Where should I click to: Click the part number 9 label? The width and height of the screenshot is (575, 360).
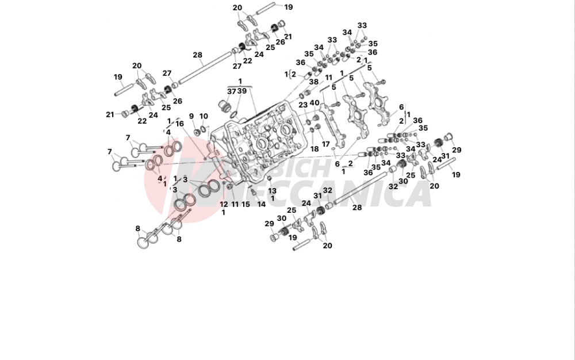191,117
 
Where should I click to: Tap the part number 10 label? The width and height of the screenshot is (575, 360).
204,117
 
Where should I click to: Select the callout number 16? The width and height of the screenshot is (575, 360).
180,124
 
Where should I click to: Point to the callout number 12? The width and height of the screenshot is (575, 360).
224,204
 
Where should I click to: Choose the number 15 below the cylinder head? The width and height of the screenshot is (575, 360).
246,204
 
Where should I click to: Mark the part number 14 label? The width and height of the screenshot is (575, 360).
261,204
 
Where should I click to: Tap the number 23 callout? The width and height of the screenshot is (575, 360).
303,105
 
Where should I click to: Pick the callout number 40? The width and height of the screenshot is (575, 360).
315,103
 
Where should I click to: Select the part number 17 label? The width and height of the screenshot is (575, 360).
325,144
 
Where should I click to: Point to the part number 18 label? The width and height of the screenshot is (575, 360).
315,149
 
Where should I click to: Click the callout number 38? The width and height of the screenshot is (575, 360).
313,82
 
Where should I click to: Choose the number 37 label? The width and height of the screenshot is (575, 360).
231,91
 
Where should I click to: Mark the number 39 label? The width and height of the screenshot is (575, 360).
243,91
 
